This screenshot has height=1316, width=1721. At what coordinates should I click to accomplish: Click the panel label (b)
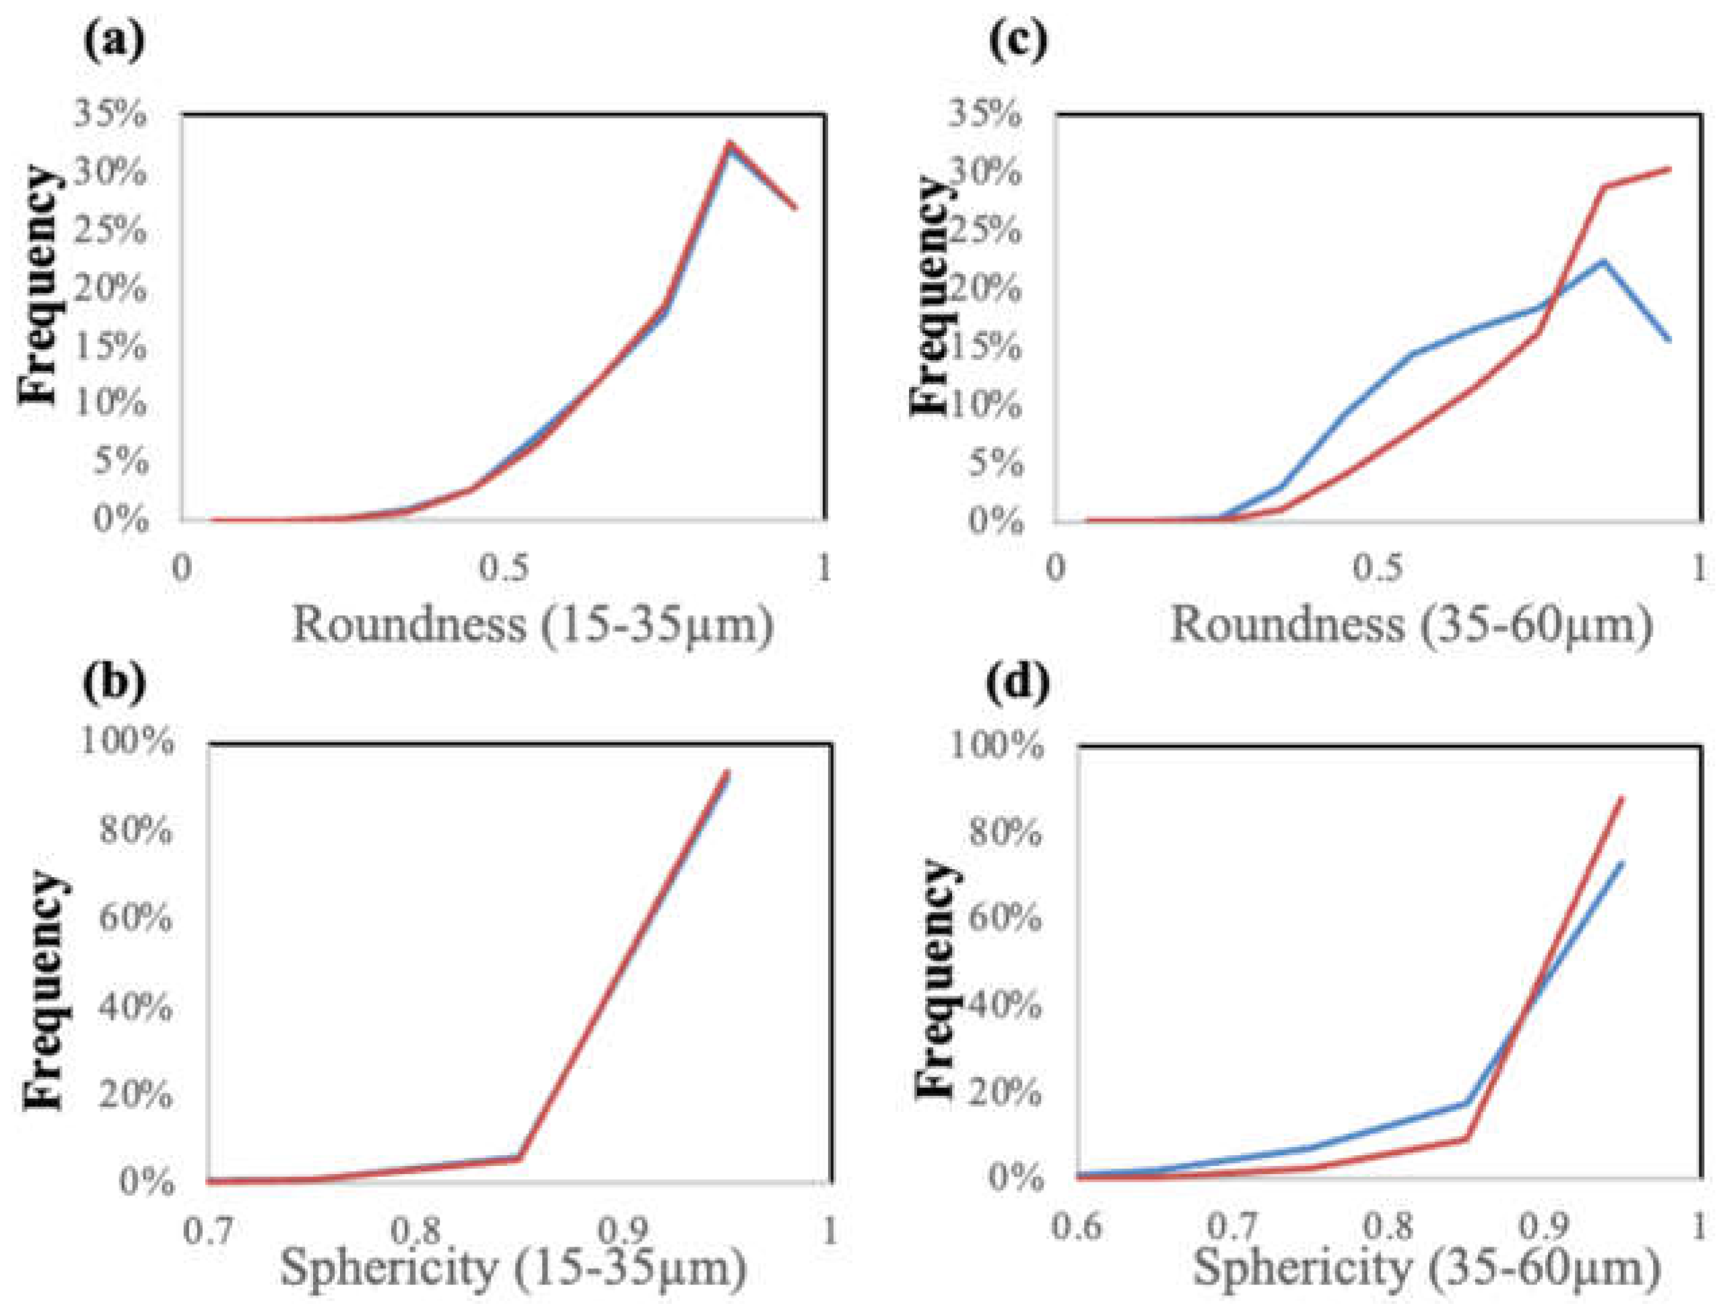coord(114,683)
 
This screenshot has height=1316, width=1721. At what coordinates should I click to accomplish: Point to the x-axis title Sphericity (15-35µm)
coord(513,1267)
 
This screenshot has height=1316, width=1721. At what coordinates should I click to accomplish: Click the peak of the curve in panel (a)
coord(729,143)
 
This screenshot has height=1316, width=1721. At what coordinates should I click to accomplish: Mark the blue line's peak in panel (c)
coord(1602,261)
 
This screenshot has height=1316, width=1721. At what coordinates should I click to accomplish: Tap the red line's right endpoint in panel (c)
coord(1669,168)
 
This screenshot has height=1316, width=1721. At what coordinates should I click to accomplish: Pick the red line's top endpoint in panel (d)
coord(1621,799)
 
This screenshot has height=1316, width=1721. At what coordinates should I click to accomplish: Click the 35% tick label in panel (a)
coord(110,115)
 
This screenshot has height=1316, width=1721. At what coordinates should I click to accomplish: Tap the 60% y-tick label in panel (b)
coord(135,917)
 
